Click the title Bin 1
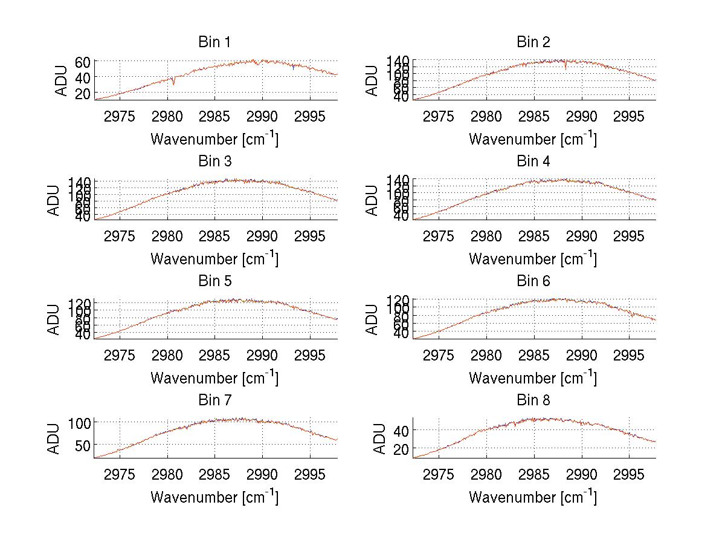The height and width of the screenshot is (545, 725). (214, 42)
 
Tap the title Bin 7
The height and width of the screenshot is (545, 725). (214, 400)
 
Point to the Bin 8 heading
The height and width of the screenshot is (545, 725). (533, 400)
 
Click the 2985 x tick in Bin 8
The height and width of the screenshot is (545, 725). (533, 474)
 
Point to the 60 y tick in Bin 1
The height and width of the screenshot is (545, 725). (83, 62)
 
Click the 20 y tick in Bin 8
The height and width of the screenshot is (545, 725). (401, 449)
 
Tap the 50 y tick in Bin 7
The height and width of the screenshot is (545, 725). (83, 445)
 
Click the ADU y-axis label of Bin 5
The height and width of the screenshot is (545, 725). (54, 319)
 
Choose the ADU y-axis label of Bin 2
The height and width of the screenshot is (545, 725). (373, 80)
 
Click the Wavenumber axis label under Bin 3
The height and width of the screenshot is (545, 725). (214, 258)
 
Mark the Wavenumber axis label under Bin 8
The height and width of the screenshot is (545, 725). (533, 497)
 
